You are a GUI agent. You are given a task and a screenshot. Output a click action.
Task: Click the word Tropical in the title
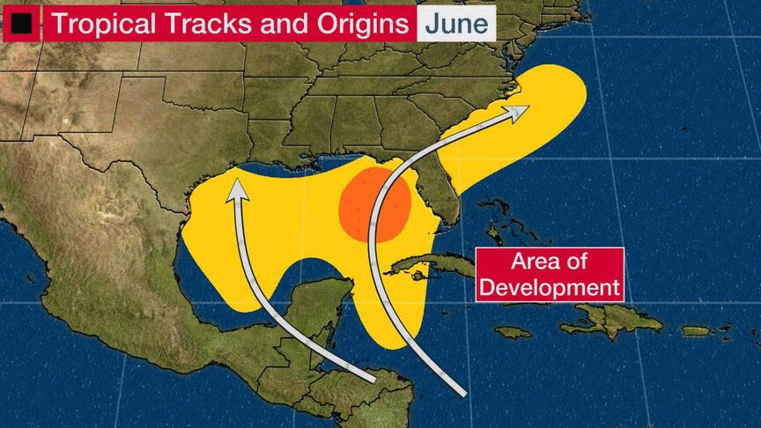[x=100, y=24]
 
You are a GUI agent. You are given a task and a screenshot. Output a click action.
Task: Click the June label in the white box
[x=455, y=24]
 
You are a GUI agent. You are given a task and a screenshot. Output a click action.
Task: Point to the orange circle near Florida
[x=375, y=206]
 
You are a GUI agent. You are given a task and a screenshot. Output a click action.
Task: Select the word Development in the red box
[x=550, y=286]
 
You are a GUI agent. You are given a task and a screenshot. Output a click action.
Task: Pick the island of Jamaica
[x=513, y=332]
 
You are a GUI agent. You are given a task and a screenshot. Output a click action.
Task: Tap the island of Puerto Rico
[x=696, y=331]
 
